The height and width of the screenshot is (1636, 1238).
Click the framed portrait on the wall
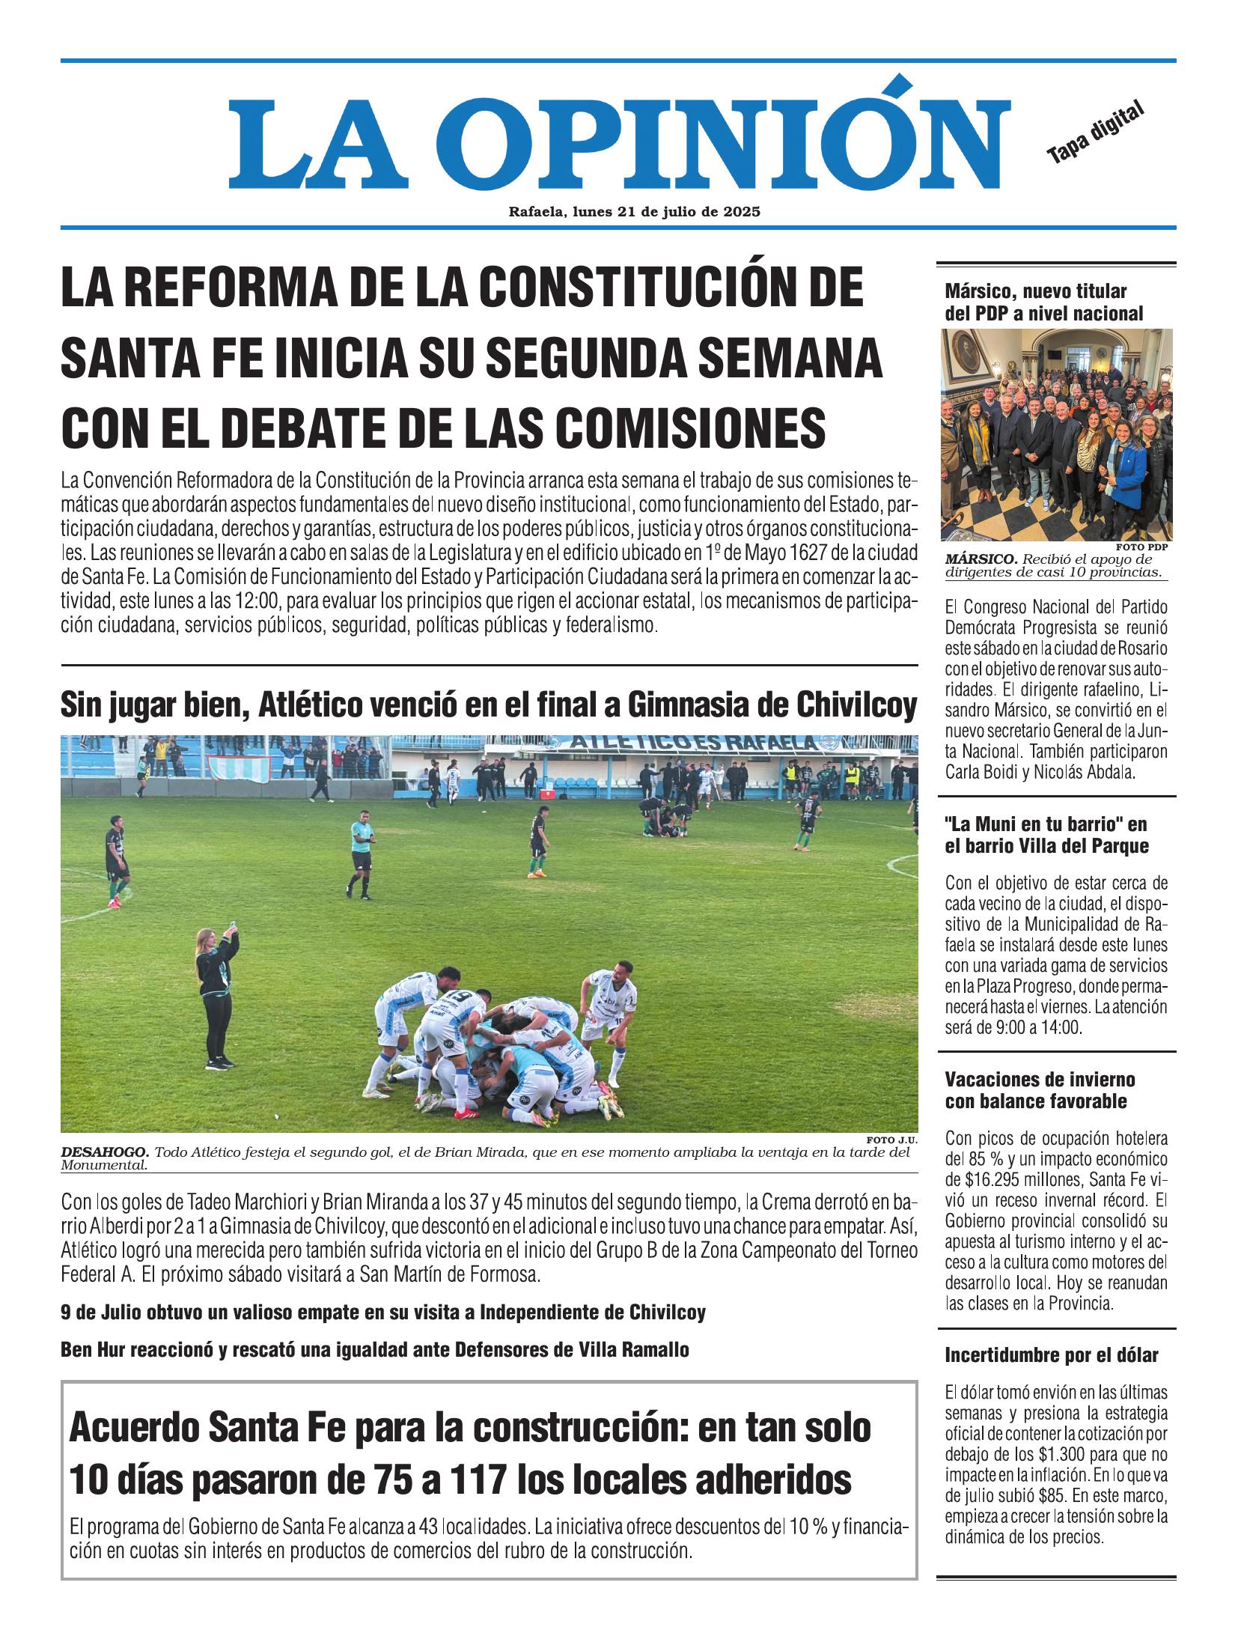pos(969,356)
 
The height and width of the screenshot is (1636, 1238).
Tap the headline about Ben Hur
pos(374,1351)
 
